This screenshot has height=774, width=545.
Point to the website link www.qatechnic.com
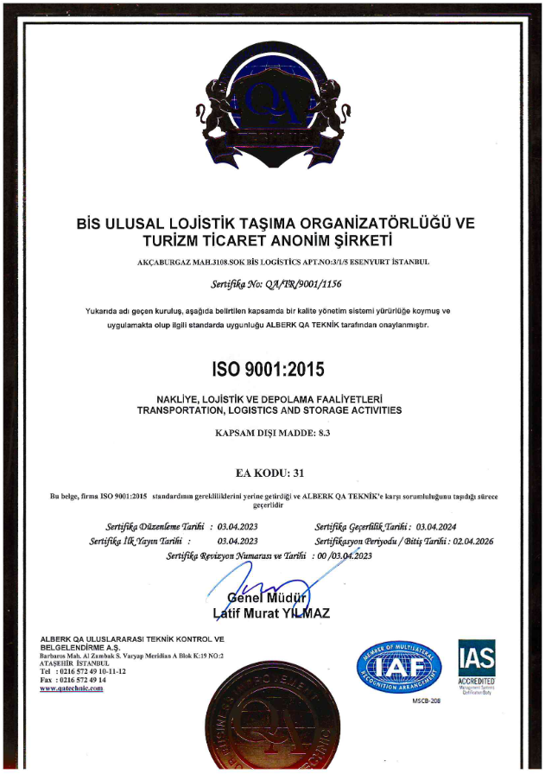click(x=72, y=688)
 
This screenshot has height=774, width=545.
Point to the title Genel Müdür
click(x=267, y=599)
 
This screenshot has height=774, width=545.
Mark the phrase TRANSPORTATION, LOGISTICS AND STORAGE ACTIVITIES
click(x=269, y=410)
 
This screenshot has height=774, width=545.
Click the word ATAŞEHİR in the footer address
click(x=58, y=663)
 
